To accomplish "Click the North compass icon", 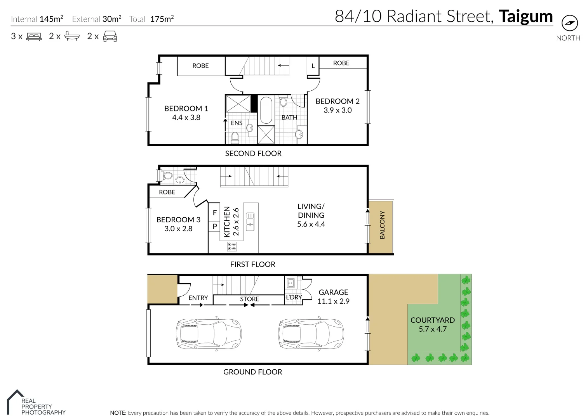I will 569,23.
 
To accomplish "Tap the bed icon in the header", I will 34,37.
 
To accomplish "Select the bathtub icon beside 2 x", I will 72,36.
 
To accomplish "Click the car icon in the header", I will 110,36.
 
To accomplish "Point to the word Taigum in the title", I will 525,16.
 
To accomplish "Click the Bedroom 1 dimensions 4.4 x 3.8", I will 186,118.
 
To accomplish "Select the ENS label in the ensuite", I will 237,123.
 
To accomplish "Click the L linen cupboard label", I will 313,66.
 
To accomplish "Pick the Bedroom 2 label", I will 337,101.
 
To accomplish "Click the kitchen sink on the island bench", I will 250,222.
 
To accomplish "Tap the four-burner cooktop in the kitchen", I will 232,246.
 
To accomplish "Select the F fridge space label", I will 214,213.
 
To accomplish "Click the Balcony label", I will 382,225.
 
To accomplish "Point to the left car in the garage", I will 209,334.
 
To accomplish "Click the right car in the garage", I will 311,334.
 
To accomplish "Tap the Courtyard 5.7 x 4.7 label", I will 432,325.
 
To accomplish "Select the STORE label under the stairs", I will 249,299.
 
